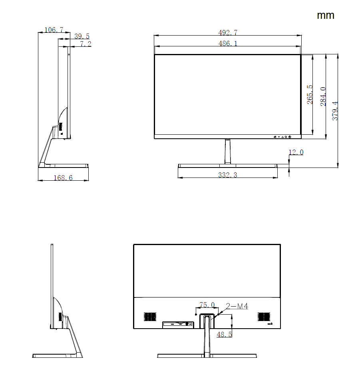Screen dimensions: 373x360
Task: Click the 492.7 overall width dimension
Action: click(x=227, y=32)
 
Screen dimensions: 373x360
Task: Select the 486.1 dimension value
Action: click(x=227, y=43)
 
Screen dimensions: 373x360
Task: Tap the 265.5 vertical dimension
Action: click(x=310, y=95)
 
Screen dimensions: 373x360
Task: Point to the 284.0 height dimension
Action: click(x=323, y=96)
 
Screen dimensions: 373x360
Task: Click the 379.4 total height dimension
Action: click(x=335, y=111)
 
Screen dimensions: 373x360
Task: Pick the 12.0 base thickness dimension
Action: click(x=296, y=152)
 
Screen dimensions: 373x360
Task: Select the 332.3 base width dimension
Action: click(x=227, y=175)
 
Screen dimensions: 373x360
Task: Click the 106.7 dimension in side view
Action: click(x=54, y=30)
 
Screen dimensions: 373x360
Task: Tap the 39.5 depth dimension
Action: click(x=82, y=36)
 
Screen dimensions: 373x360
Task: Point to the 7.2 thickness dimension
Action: click(x=86, y=44)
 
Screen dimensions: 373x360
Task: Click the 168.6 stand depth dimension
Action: click(x=63, y=178)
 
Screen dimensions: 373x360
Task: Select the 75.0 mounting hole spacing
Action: click(x=207, y=305)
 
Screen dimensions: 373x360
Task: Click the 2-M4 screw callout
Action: click(x=237, y=306)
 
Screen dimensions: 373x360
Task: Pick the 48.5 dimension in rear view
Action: click(x=224, y=334)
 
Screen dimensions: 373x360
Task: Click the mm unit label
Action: click(x=325, y=15)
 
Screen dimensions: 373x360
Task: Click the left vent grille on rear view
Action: click(x=149, y=317)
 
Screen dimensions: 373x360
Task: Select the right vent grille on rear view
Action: click(x=264, y=317)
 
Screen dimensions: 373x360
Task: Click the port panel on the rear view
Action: click(x=178, y=324)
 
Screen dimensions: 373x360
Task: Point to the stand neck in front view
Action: click(x=227, y=151)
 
